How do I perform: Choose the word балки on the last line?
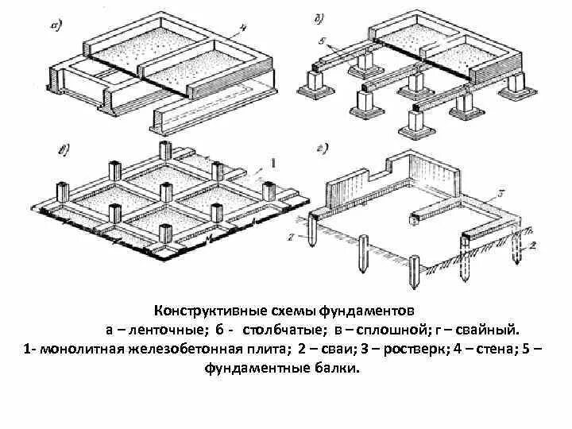[336, 369]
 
